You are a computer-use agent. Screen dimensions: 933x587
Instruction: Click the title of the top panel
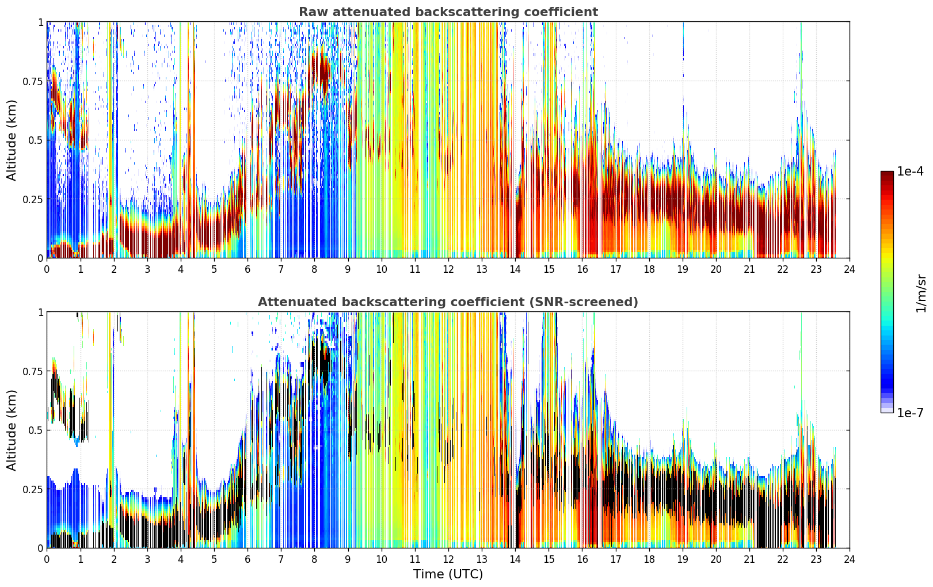pyautogui.click(x=448, y=12)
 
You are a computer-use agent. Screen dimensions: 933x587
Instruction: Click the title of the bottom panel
pyautogui.click(x=448, y=302)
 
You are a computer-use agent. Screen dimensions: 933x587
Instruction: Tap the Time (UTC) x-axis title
pyautogui.click(x=448, y=574)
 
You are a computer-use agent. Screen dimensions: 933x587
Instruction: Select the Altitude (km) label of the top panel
pyautogui.click(x=12, y=140)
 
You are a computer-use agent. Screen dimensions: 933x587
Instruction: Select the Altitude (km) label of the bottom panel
pyautogui.click(x=12, y=430)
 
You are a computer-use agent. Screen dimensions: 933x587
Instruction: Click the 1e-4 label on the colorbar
pyautogui.click(x=910, y=171)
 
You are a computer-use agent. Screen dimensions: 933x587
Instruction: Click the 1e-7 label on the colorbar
pyautogui.click(x=910, y=413)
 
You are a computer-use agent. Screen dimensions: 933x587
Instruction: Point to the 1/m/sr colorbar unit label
pyautogui.click(x=921, y=293)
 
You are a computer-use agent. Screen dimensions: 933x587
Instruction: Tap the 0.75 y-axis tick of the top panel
pyautogui.click(x=32, y=81)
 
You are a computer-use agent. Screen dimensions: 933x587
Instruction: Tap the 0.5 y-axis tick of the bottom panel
pyautogui.click(x=35, y=430)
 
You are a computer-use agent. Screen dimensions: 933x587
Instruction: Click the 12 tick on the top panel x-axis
pyautogui.click(x=448, y=269)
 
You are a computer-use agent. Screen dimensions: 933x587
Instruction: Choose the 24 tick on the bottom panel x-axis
pyautogui.click(x=850, y=559)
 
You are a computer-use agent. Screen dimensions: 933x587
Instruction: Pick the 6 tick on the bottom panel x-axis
pyautogui.click(x=247, y=559)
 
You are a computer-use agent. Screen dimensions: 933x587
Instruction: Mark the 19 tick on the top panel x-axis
pyautogui.click(x=682, y=269)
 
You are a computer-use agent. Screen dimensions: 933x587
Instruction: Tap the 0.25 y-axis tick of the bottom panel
pyautogui.click(x=32, y=489)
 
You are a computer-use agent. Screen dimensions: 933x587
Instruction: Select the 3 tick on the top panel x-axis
pyautogui.click(x=147, y=269)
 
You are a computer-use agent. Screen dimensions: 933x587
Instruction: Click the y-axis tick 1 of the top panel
pyautogui.click(x=40, y=22)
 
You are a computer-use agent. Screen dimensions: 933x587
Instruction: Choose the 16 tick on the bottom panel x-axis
pyautogui.click(x=582, y=559)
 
